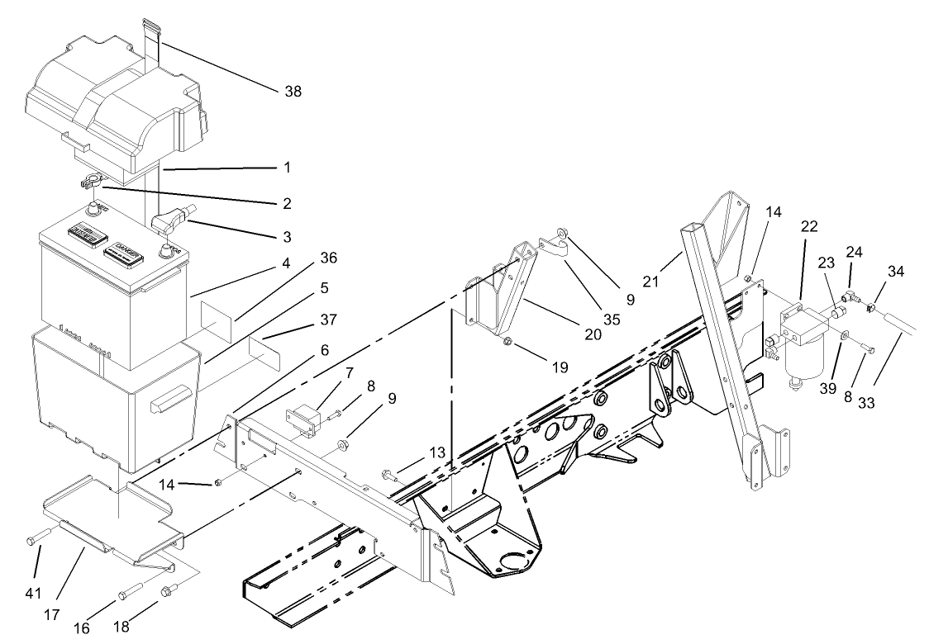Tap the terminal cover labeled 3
pos(169,221)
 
